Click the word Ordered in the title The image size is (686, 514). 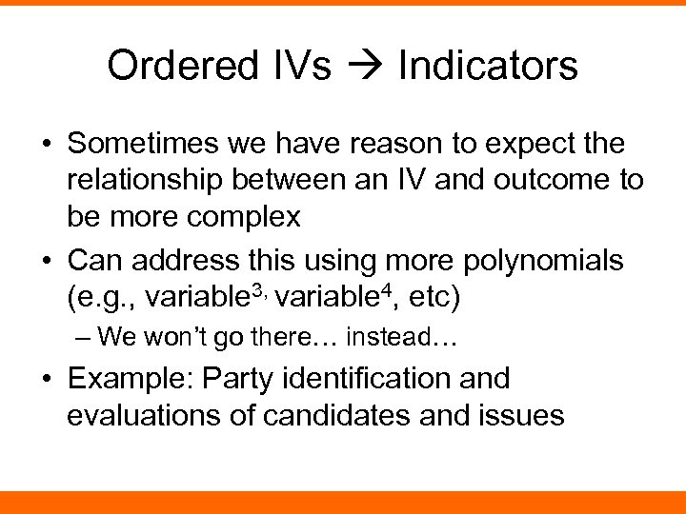tap(172, 66)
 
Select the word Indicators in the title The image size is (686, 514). tap(488, 66)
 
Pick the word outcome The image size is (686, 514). tap(554, 181)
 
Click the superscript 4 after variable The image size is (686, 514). tap(385, 287)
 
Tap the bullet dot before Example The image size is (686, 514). tap(48, 379)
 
